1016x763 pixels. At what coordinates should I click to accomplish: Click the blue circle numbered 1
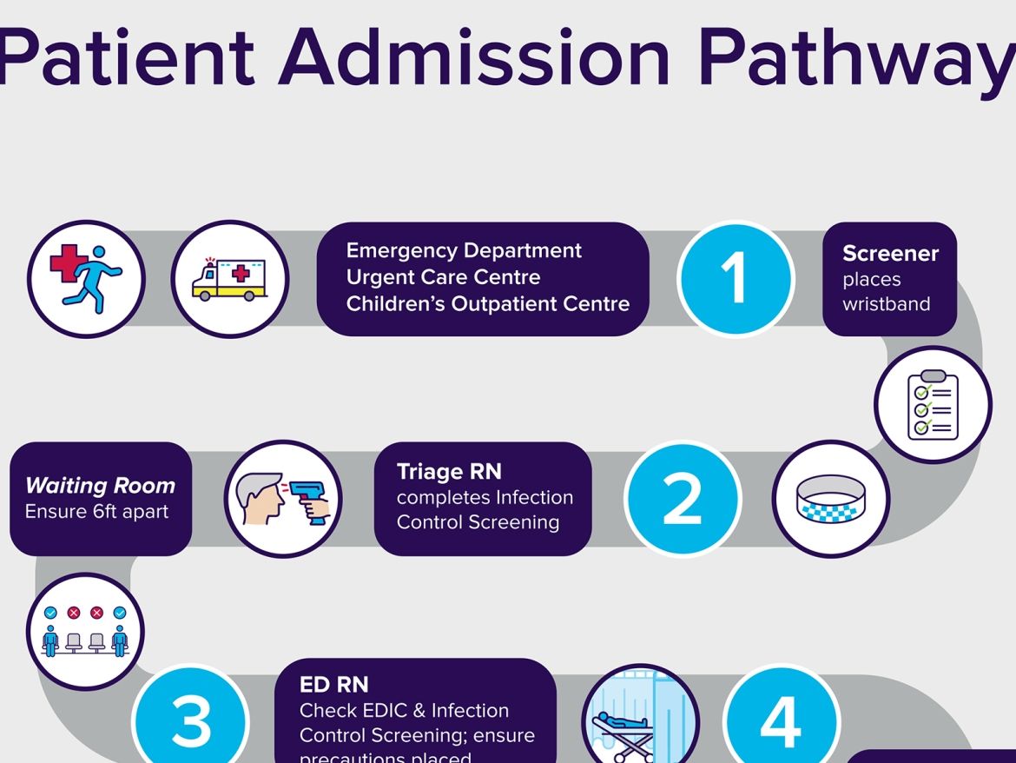click(x=736, y=280)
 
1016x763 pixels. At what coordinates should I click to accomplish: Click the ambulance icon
click(x=230, y=280)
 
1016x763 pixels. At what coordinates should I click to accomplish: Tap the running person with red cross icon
click(x=86, y=280)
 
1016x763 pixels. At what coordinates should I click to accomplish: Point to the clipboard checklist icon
click(x=933, y=405)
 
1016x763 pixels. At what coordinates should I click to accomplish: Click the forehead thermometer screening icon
click(x=283, y=500)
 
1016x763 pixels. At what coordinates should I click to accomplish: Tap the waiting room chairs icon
click(x=85, y=631)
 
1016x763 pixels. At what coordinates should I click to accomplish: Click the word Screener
click(x=890, y=254)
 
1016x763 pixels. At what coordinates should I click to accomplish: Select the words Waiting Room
click(x=100, y=486)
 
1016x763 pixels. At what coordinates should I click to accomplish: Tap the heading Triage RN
click(x=448, y=472)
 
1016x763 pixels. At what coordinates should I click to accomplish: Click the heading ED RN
click(x=333, y=685)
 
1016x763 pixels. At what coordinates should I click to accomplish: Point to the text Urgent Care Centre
click(x=443, y=277)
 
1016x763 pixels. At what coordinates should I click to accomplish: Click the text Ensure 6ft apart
click(x=96, y=512)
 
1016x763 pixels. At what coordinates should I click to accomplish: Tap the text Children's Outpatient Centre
click(x=487, y=304)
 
